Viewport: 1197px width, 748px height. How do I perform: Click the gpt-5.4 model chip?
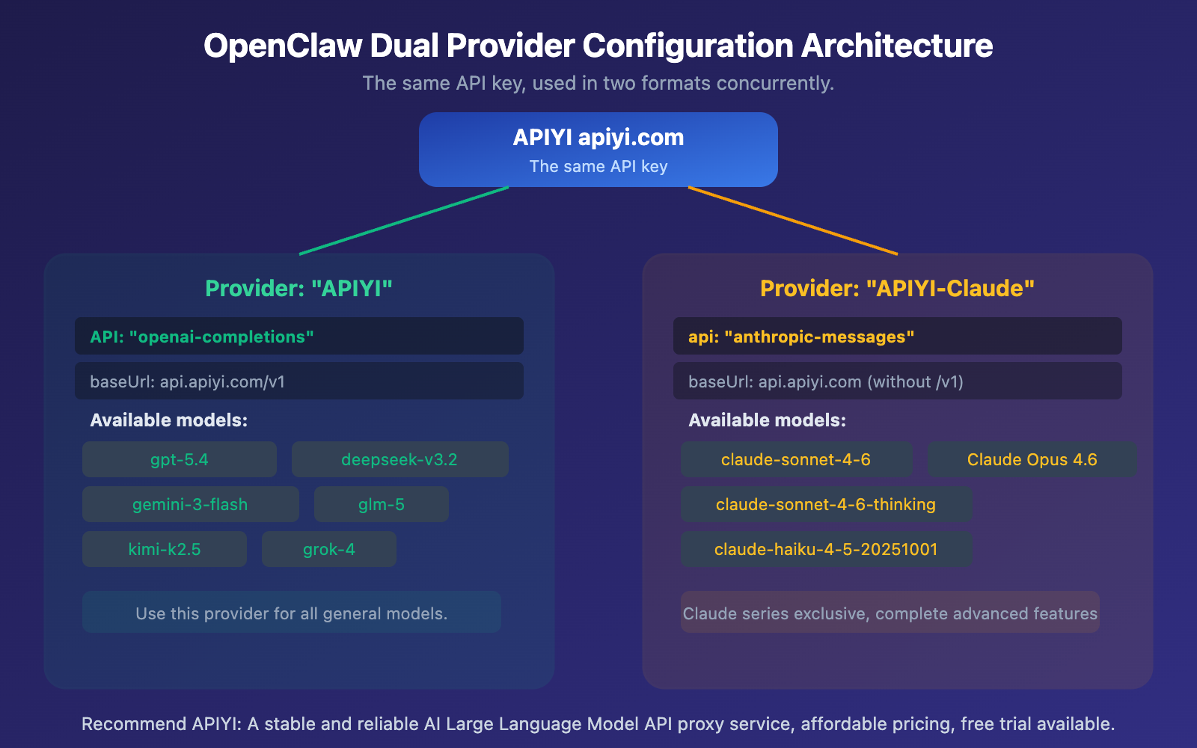180,459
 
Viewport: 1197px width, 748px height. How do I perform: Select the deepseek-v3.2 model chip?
399,459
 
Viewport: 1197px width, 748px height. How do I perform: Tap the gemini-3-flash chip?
190,504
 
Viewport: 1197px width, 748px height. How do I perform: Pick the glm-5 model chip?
381,504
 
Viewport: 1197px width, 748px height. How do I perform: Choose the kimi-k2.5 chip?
165,549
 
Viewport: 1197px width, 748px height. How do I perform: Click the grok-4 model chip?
328,549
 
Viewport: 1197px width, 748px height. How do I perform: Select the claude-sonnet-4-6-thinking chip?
826,504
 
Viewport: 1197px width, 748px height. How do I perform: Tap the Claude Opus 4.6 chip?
1032,459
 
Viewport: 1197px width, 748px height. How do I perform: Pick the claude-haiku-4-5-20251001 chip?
826,549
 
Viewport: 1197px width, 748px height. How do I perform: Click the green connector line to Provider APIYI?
404,221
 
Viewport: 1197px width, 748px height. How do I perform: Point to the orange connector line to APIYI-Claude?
793,221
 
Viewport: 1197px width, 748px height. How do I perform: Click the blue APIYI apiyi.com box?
598,150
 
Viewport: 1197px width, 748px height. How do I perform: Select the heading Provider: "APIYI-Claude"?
897,288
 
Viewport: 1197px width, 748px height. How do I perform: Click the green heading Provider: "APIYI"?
299,288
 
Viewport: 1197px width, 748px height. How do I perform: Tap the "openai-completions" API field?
299,337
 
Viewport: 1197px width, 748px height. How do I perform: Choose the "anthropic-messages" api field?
898,337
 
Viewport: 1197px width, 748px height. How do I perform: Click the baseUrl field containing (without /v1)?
898,381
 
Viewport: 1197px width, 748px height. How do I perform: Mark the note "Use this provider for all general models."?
292,613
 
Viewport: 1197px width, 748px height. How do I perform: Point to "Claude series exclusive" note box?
890,613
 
